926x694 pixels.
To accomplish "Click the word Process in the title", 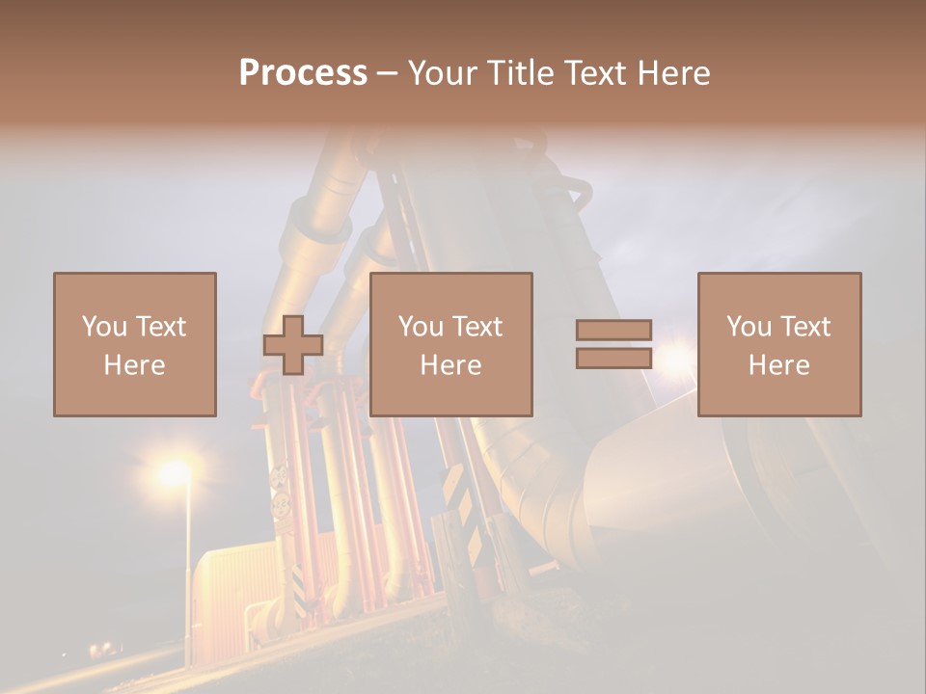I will (x=303, y=73).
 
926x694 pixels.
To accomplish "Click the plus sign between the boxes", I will (x=293, y=345).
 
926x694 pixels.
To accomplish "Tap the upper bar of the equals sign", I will (x=613, y=331).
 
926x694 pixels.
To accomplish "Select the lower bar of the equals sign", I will (x=613, y=358).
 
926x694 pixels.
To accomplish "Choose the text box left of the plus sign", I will (x=135, y=344).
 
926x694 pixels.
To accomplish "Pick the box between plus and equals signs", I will (x=451, y=344).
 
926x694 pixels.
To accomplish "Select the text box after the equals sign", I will (x=779, y=344).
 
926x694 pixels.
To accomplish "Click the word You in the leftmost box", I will (x=103, y=327).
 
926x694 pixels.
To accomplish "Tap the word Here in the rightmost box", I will (x=779, y=365).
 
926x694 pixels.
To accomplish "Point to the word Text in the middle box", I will (x=477, y=327).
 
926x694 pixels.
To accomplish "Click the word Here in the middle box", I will (x=451, y=365).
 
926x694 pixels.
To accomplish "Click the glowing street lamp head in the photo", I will (x=175, y=472).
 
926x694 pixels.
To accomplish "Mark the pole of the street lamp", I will (x=187, y=578).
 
